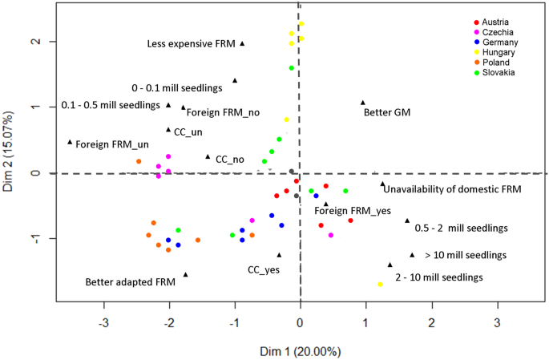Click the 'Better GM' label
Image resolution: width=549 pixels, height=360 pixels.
tap(387, 113)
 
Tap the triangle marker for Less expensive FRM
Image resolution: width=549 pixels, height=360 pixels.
tap(242, 43)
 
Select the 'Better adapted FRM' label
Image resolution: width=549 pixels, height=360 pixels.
tap(131, 282)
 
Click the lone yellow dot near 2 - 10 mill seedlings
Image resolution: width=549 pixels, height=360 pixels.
tap(380, 285)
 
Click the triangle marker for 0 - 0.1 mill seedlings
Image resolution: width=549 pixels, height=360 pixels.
tap(235, 80)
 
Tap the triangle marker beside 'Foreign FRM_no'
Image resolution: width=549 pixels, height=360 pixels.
tap(184, 107)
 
